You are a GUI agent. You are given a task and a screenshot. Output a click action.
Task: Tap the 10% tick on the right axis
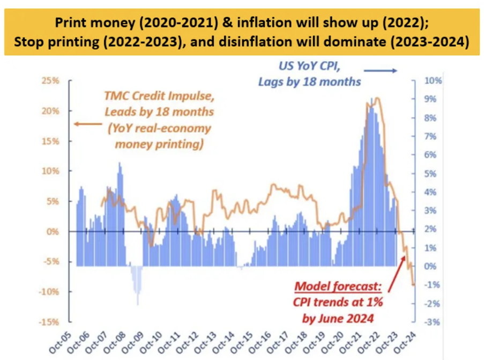point(433,81)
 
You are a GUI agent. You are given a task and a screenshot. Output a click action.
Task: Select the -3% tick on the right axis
point(433,322)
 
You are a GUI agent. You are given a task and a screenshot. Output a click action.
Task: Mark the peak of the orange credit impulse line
point(377,98)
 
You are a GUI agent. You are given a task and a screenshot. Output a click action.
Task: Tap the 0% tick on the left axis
point(52,231)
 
